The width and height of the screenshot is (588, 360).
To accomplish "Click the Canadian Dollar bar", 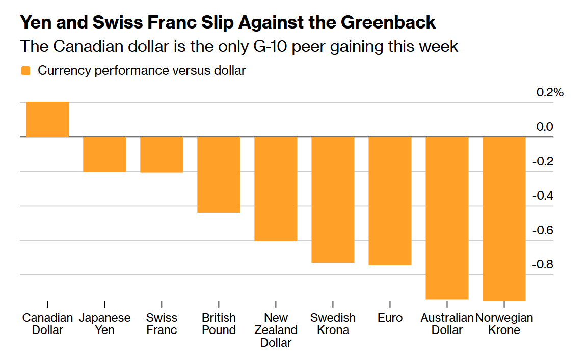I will point(47,120).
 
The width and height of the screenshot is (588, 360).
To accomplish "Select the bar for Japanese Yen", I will point(104,154).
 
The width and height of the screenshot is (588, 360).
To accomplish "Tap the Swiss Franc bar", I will point(162,155).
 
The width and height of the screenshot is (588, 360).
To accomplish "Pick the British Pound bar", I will point(219,175).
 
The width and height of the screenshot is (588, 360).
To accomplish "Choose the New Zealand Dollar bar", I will point(276,189).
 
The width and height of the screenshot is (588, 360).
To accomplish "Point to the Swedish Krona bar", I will point(333,200).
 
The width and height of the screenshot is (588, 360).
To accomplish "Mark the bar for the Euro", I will point(390,201).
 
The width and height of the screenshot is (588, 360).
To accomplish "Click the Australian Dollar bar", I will point(447,218).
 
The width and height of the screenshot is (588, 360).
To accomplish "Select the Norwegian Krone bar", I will point(504,219).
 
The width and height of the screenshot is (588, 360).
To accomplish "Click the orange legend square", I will point(25,71).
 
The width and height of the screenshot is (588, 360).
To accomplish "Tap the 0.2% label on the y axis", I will point(550,93).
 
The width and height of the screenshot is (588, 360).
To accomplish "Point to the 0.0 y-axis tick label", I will point(544,127).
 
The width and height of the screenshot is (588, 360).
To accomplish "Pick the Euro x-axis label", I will point(390,318).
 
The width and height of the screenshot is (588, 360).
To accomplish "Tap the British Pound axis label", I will point(219,324).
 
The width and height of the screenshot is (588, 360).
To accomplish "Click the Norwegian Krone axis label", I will point(504,324).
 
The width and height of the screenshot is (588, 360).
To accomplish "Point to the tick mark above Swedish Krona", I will point(333,304).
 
